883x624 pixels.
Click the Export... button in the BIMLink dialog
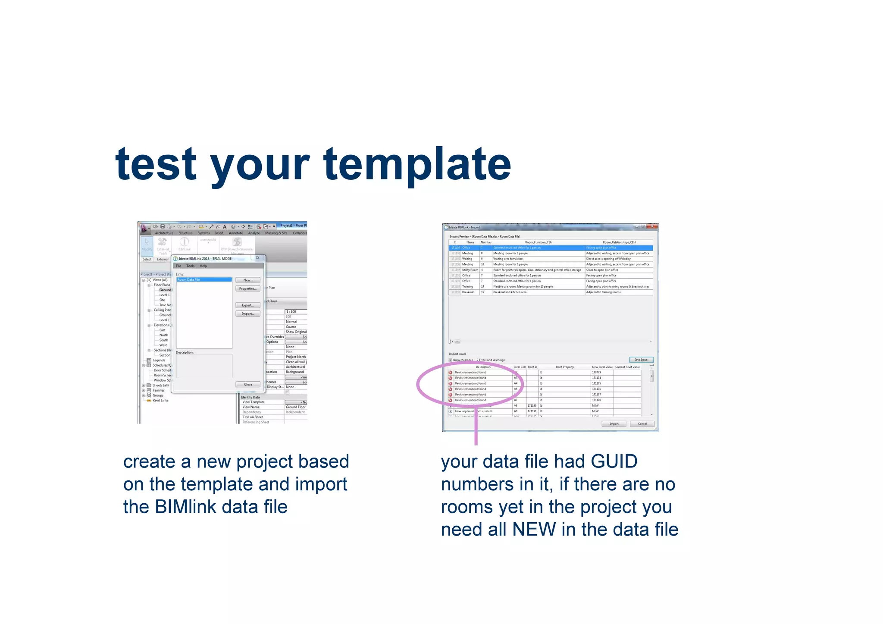[247, 305]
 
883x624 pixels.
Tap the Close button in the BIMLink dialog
[248, 384]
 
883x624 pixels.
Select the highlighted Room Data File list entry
[204, 280]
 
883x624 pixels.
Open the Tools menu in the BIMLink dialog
[190, 266]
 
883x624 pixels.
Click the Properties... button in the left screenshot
[247, 288]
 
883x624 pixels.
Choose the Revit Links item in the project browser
[160, 401]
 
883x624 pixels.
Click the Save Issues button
[641, 360]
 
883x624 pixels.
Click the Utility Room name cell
[470, 270]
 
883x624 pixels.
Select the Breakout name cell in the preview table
[468, 292]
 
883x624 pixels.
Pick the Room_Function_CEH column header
[539, 242]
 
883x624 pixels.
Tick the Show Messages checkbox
[451, 360]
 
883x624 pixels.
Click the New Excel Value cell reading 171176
[597, 389]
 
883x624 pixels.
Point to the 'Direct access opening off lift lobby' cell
[608, 259]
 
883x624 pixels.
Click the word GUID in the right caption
[614, 462]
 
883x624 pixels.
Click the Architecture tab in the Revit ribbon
[164, 233]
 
